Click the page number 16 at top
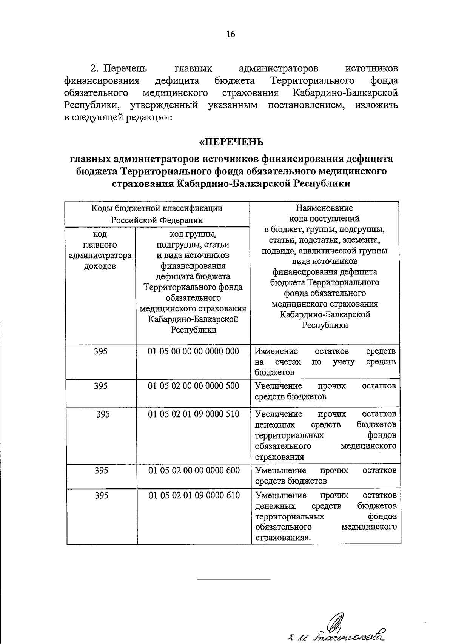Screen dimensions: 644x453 coord(231,34)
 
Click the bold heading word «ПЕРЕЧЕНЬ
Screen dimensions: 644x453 coord(231,142)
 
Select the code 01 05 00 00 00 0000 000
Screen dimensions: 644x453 coord(193,351)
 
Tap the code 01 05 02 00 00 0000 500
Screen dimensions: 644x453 coord(193,386)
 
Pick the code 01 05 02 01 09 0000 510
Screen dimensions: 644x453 coord(193,414)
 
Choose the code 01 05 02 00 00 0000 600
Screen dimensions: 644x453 coord(194,470)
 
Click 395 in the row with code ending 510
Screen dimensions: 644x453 coord(103,414)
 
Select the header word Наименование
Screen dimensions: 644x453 coord(324,208)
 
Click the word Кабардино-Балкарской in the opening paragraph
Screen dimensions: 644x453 coord(345,93)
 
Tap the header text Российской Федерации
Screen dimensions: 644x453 coord(157,220)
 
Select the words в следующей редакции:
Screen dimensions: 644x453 coord(118,117)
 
